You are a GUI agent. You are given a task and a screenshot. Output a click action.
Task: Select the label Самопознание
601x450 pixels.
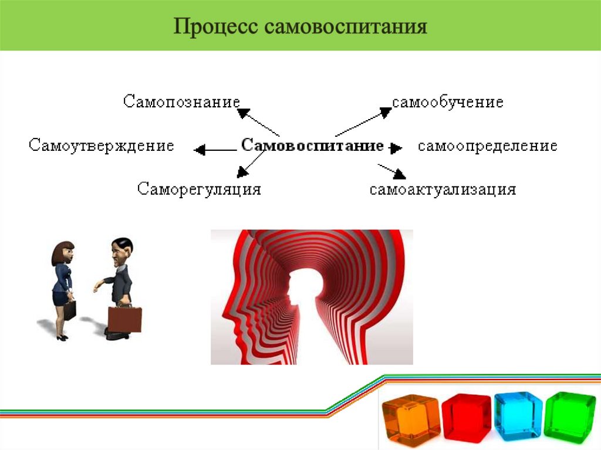click(181, 101)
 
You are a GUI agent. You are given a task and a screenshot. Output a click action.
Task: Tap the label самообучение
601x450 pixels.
click(448, 102)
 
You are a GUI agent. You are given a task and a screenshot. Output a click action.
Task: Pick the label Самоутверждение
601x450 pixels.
click(102, 146)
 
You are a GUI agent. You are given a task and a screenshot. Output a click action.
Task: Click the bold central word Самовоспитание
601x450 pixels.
click(312, 146)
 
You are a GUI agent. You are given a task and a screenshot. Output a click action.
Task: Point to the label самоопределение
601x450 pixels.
click(487, 146)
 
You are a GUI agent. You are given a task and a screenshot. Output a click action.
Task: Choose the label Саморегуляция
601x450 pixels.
click(199, 190)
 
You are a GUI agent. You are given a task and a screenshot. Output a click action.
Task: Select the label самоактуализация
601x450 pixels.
click(443, 190)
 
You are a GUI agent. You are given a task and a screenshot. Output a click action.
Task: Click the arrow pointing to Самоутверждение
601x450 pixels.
click(214, 150)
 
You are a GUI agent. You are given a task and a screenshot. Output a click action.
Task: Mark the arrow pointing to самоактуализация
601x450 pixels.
click(392, 171)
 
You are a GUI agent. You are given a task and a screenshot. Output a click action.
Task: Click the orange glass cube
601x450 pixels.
click(410, 416)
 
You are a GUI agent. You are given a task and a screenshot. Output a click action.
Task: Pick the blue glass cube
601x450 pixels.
click(518, 415)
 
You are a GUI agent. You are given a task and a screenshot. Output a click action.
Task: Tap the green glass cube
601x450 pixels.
click(569, 415)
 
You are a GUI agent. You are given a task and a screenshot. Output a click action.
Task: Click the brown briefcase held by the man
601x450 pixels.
click(124, 319)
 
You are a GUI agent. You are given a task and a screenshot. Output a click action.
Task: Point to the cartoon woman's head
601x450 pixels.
click(63, 252)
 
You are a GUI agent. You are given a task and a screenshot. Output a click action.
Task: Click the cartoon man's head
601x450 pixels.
click(122, 251)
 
